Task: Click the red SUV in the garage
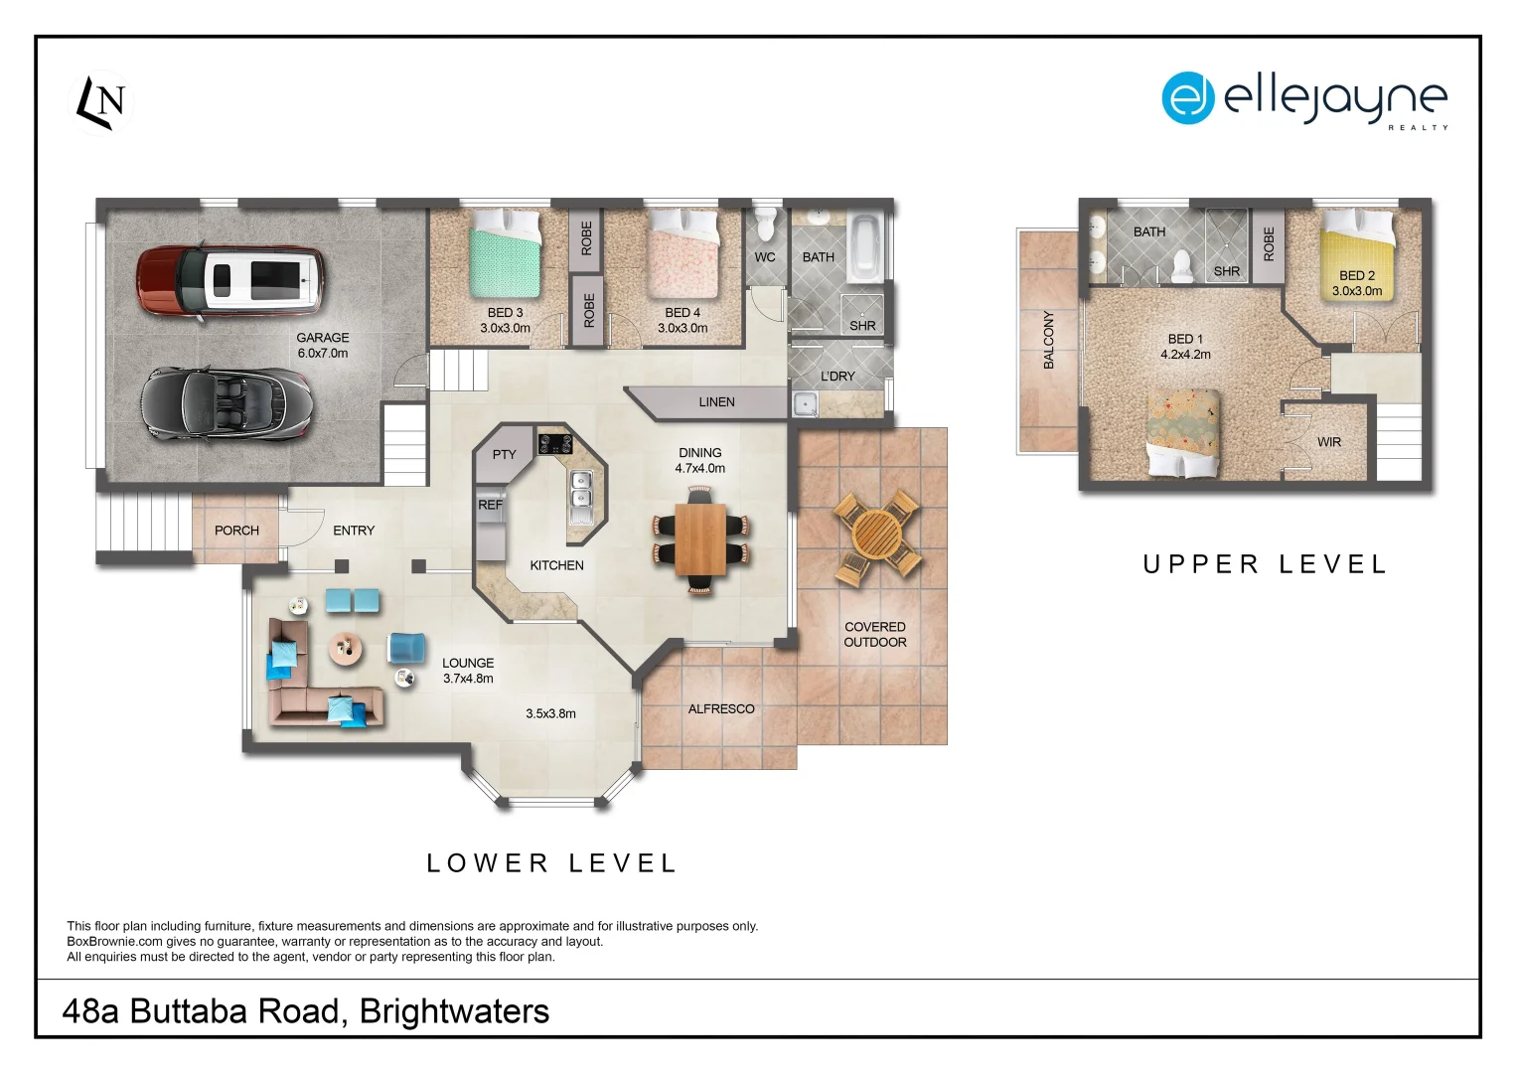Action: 230,280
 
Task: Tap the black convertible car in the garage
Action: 227,403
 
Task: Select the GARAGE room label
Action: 323,338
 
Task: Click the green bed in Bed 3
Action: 505,255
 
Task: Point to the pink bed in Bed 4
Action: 683,254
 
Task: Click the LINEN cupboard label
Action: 716,402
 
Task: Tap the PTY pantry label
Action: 504,454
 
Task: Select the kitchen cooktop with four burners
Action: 555,444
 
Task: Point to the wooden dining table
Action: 701,538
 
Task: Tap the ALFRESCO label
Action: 721,708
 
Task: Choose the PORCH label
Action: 236,531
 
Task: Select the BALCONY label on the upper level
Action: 1049,340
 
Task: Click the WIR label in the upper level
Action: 1329,442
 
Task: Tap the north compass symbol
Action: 101,102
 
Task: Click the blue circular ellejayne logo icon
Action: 1188,97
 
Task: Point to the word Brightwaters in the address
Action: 454,1010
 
